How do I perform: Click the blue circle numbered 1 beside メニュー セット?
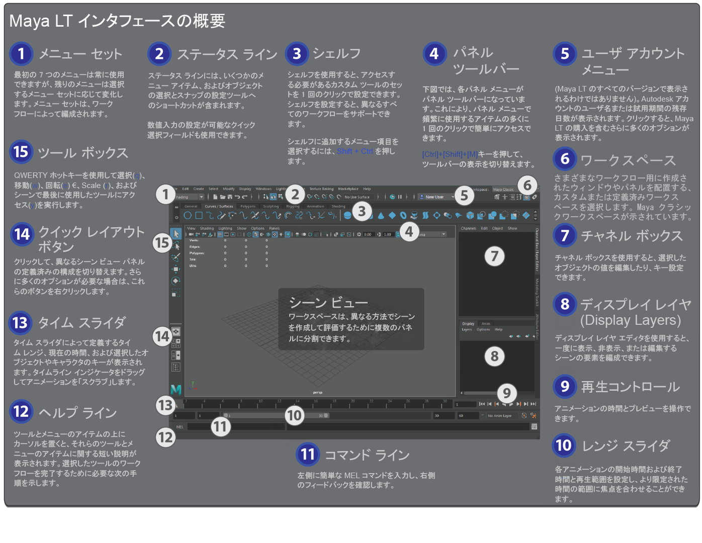click(21, 54)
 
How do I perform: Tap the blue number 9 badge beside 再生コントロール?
click(565, 386)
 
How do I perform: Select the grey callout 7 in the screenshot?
click(494, 256)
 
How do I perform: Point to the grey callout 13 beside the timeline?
click(165, 405)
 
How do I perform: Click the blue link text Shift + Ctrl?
click(355, 151)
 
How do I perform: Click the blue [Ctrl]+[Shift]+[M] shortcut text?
click(450, 154)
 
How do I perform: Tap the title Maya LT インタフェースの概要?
click(117, 21)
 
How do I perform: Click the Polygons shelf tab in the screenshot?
click(248, 206)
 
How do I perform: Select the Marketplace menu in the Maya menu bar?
click(348, 189)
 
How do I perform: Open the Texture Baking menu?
click(321, 189)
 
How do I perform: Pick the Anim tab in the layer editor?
click(486, 324)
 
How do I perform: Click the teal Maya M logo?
click(175, 390)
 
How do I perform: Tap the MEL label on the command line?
click(180, 427)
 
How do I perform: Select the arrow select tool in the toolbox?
click(176, 234)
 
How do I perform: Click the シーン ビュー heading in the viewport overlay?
click(328, 303)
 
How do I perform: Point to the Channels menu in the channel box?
click(468, 228)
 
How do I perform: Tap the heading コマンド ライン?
click(367, 456)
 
